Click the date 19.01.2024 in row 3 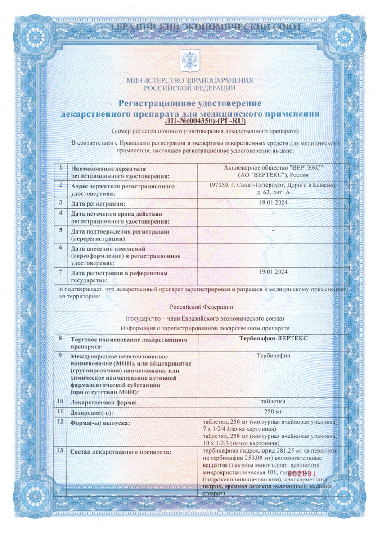click(x=273, y=202)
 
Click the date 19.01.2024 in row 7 click(x=273, y=271)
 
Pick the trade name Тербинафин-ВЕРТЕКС click(x=273, y=338)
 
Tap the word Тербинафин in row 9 click(x=273, y=355)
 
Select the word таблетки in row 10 click(x=273, y=401)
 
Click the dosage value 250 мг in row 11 click(x=273, y=412)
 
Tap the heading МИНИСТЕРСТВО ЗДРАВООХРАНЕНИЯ click(x=189, y=80)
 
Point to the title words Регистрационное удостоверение click(x=190, y=104)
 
